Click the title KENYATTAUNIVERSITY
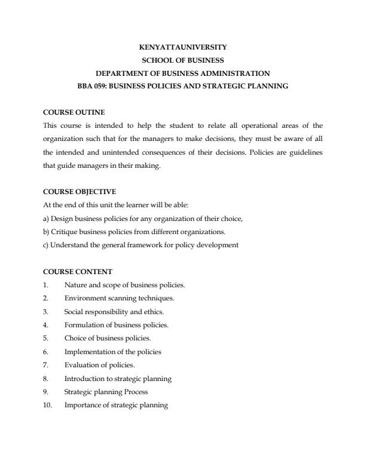[x=182, y=47]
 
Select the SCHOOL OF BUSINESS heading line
[x=182, y=60]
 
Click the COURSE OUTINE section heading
[x=74, y=112]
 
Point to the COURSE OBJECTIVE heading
[x=80, y=192]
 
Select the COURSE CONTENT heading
[x=78, y=272]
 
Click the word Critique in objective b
[x=62, y=231]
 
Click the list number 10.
[x=48, y=406]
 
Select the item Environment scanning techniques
[x=119, y=298]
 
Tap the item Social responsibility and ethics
[x=114, y=311]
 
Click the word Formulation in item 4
[x=82, y=325]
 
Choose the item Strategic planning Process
[x=106, y=392]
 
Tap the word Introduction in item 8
[x=83, y=379]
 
